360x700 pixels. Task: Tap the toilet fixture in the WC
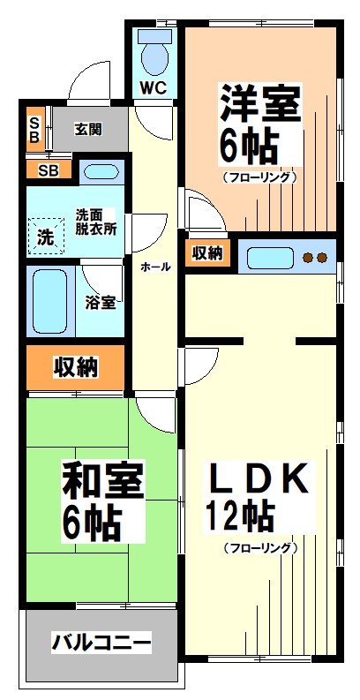point(155,53)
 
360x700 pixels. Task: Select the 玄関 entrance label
point(89,129)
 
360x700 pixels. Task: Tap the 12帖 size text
point(241,515)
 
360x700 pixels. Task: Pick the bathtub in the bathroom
point(50,301)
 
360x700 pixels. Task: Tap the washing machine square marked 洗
point(45,236)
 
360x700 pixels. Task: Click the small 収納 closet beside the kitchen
point(208,254)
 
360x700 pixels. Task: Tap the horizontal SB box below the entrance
point(48,169)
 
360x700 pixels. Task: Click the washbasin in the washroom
point(101,171)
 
